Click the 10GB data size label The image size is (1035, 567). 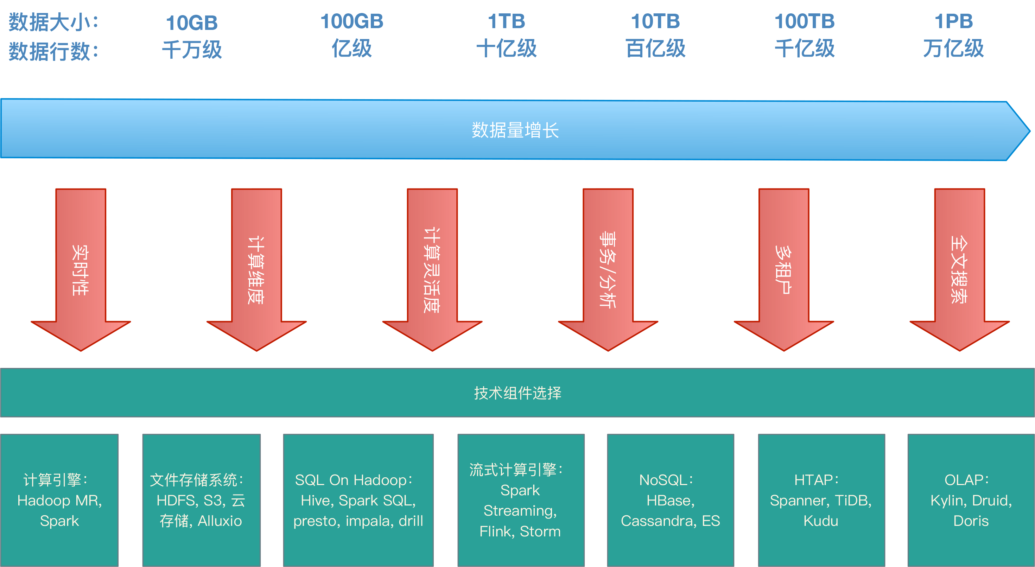tap(192, 23)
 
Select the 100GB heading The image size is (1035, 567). tap(351, 21)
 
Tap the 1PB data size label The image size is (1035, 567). tap(953, 21)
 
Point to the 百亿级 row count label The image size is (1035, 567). tap(655, 49)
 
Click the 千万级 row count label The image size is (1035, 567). tap(192, 50)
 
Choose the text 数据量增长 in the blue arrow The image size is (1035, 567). tap(515, 130)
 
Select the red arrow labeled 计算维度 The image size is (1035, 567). tap(256, 269)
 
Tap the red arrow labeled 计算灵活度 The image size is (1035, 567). tap(432, 269)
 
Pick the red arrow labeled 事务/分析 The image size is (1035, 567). tap(608, 269)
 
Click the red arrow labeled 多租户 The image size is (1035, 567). tap(783, 269)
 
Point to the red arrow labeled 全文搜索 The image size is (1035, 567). tap(959, 269)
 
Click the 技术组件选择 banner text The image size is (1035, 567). tap(517, 393)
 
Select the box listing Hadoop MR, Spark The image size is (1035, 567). tap(59, 500)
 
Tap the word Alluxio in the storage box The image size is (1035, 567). tap(220, 521)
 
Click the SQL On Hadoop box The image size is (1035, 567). tap(358, 500)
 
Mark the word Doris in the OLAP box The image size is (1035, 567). tap(971, 521)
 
